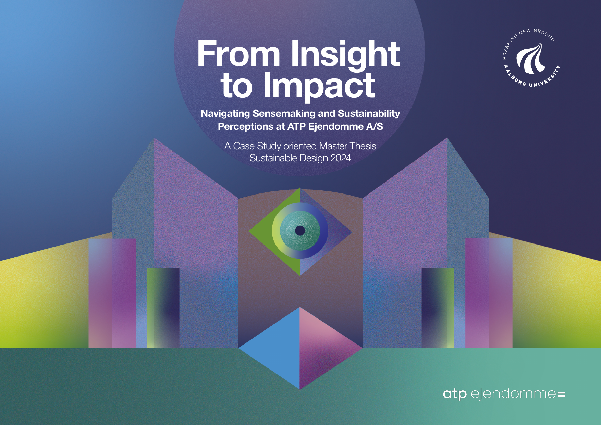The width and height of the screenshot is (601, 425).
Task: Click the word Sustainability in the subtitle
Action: click(x=369, y=114)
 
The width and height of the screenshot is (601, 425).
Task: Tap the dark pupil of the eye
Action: click(x=300, y=230)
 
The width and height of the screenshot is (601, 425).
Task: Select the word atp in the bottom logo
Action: click(x=455, y=394)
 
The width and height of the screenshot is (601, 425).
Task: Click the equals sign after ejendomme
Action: click(x=561, y=395)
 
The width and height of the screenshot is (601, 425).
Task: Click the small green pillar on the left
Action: click(x=163, y=308)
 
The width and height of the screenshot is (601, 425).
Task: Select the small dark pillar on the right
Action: click(x=438, y=308)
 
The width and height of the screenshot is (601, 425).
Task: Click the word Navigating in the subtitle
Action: click(x=225, y=114)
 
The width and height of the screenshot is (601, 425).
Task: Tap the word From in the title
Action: click(x=239, y=55)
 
